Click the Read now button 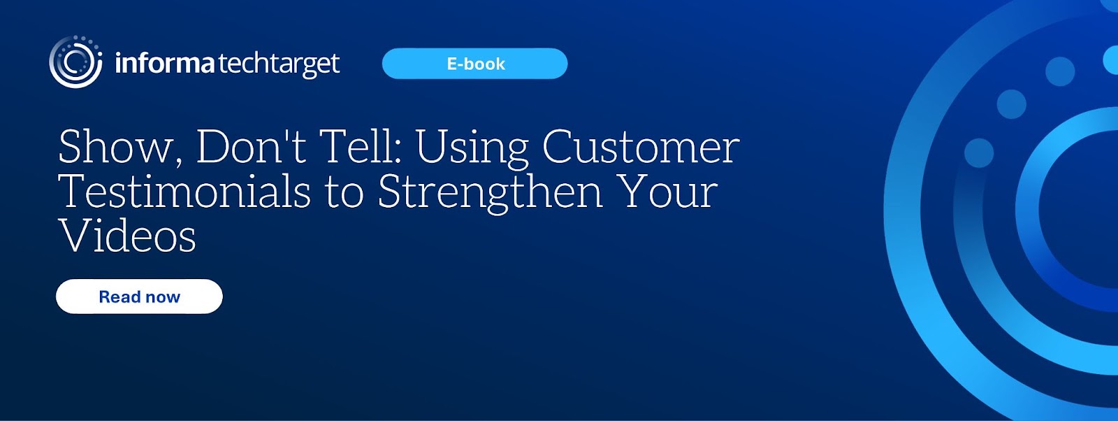[x=139, y=297]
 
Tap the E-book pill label [x=474, y=64]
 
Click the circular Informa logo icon [x=76, y=62]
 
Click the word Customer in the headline [x=641, y=147]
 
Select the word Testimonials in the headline [x=184, y=192]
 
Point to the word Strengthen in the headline [x=490, y=194]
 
